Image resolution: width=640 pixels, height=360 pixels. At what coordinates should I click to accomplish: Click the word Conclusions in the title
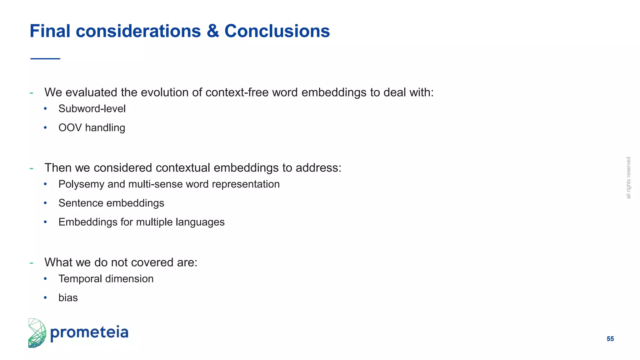coord(277,31)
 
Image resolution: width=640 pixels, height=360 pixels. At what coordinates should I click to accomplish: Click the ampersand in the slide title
coord(212,31)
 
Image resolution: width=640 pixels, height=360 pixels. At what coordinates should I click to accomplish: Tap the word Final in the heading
coord(50,31)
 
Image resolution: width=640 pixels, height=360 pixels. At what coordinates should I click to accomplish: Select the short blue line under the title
coord(45,58)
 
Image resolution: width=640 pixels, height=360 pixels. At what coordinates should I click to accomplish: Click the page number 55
coord(610,339)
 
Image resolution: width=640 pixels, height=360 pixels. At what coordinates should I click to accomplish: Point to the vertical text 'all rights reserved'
coord(628,178)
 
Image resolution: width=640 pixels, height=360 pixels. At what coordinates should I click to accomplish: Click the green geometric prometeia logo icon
coord(37,333)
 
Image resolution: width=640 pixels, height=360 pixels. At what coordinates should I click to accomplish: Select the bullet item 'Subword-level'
coord(92,109)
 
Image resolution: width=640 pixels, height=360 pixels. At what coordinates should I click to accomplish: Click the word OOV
coord(70,128)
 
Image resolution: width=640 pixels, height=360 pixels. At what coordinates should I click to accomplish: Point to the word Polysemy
coord(81,184)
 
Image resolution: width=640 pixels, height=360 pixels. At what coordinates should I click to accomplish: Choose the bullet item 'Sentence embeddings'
coord(111,203)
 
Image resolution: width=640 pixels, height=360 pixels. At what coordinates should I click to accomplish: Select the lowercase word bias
coord(68,298)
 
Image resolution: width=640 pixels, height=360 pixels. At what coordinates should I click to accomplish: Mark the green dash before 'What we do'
coord(31,263)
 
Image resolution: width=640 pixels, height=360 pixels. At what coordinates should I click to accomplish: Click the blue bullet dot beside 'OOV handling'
coord(45,128)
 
